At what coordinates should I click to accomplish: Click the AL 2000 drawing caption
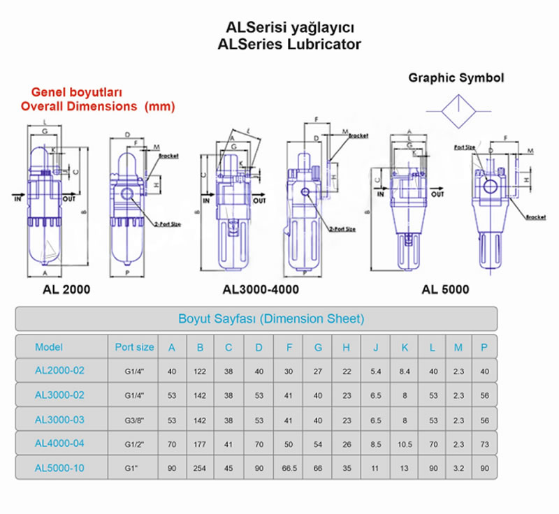pos(68,288)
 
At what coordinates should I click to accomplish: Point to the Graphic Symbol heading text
pos(456,78)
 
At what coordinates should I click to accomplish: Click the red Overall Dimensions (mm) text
pos(97,107)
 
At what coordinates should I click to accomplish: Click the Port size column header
pos(134,346)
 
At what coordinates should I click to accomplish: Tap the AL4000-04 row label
pos(59,443)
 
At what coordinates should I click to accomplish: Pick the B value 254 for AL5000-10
pos(201,467)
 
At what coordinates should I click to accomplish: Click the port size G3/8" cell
pos(134,419)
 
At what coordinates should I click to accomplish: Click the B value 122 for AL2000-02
pos(201,371)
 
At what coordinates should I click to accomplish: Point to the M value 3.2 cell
pos(458,467)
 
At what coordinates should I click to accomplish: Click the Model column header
pos(49,346)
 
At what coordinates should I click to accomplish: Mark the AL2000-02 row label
pos(59,370)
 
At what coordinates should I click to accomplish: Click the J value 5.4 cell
pos(375,371)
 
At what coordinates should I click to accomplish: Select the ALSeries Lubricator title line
pos(290,44)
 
